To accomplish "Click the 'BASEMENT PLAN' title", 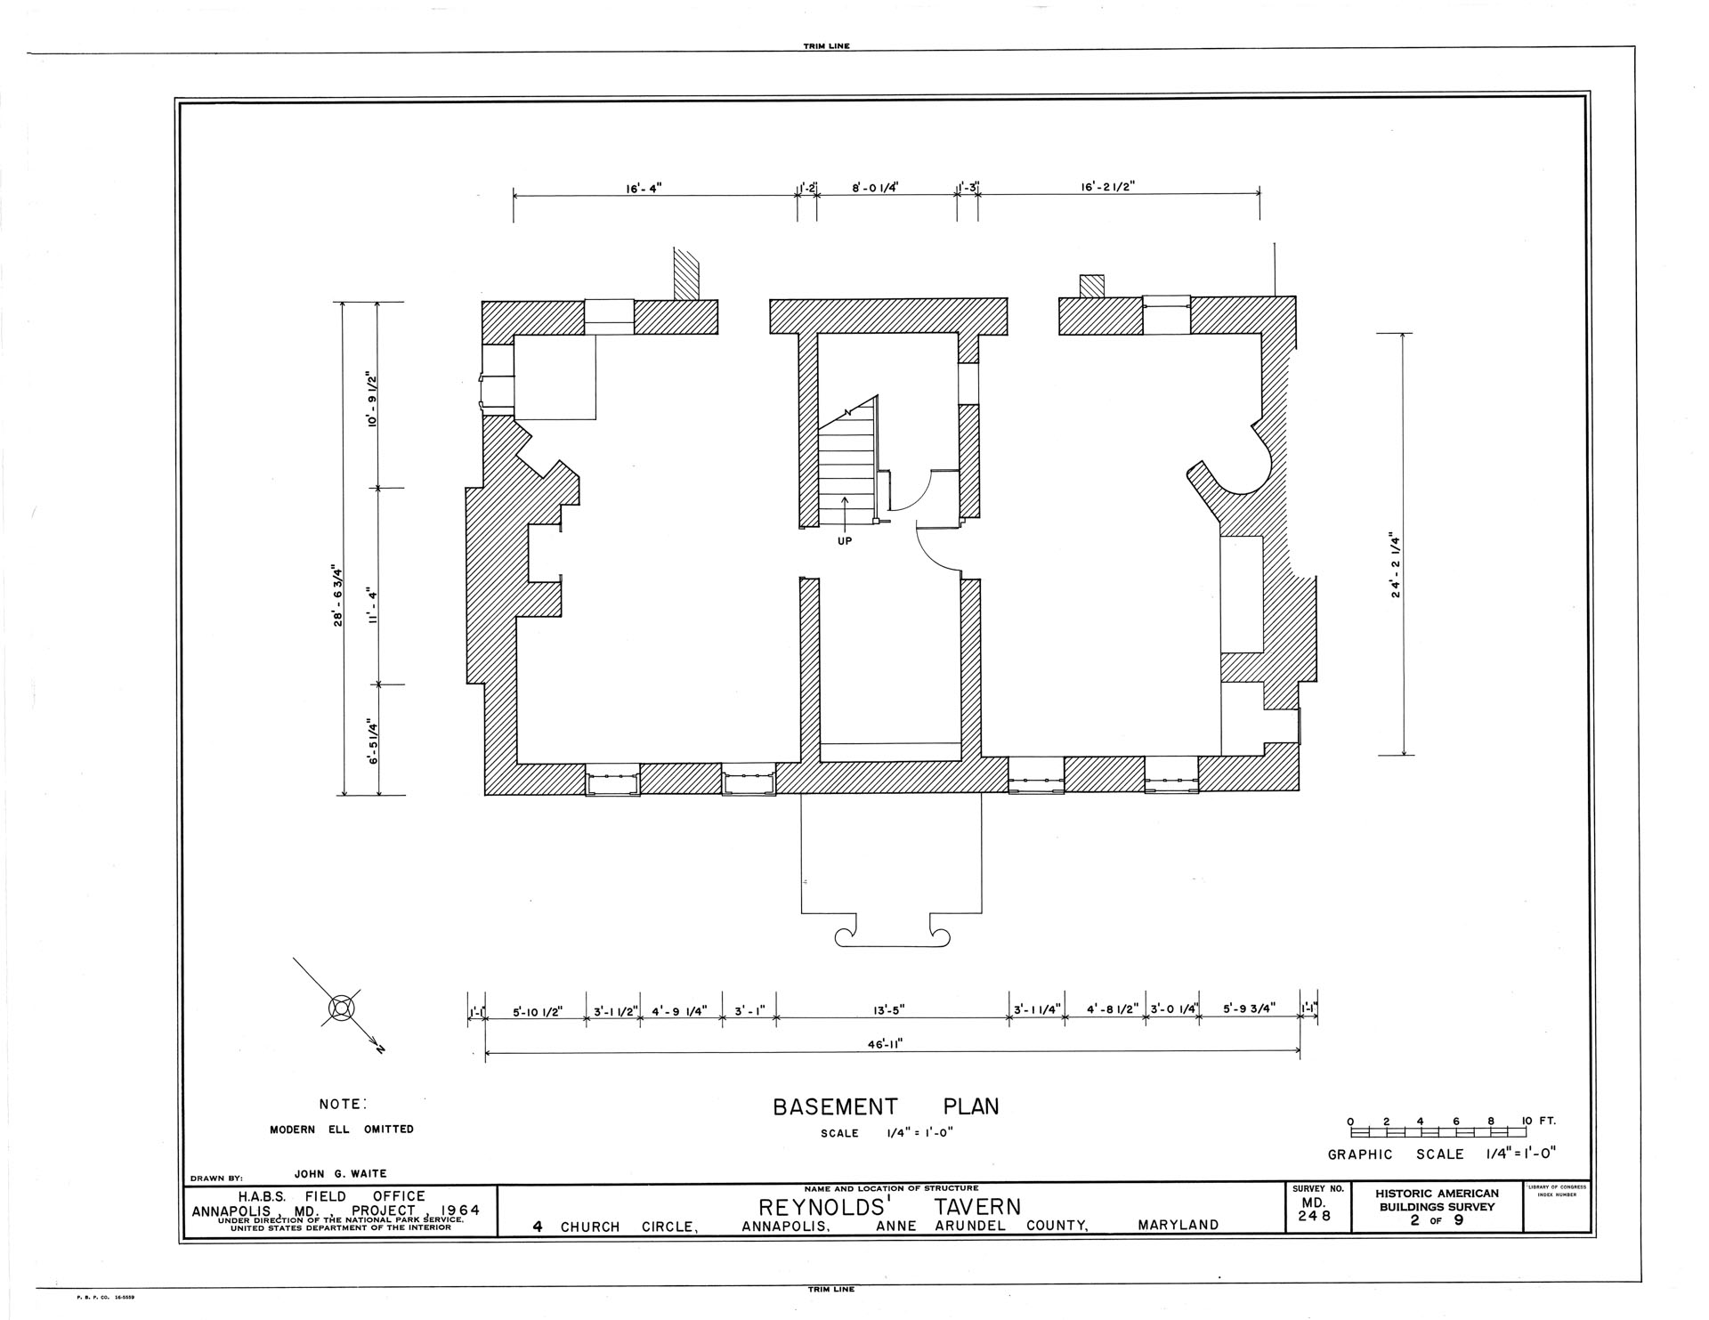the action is [x=886, y=1106].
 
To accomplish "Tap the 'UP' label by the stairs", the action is [x=845, y=541].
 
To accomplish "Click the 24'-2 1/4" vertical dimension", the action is [x=1396, y=566].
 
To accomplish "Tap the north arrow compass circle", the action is [x=342, y=1007].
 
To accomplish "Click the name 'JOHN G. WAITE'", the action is [x=341, y=1173].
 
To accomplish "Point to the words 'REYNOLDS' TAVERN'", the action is [x=889, y=1208].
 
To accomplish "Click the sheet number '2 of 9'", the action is [x=1436, y=1220].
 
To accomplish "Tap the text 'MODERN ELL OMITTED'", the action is [x=342, y=1129].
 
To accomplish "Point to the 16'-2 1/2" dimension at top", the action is [x=1108, y=188].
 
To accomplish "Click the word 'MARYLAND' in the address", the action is [x=1178, y=1226].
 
